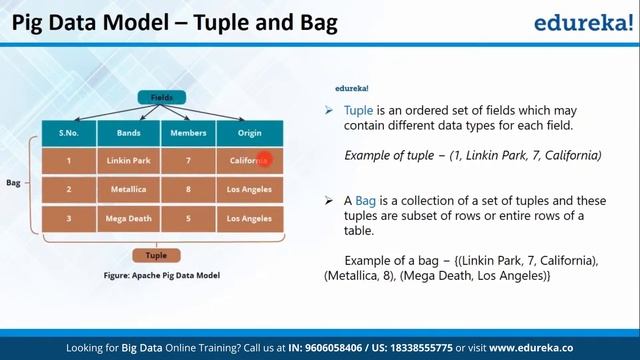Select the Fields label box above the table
pos(161,98)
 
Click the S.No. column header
pos(69,133)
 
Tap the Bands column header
pos(127,133)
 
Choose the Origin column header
pos(249,133)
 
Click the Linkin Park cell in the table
pos(127,160)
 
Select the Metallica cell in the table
pos(127,189)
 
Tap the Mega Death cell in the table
pos(127,218)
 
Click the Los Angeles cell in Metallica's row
pos(249,189)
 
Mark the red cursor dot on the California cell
pos(263,159)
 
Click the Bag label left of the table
pos(13,183)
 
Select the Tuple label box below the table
pos(156,255)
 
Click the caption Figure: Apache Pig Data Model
pos(161,275)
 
